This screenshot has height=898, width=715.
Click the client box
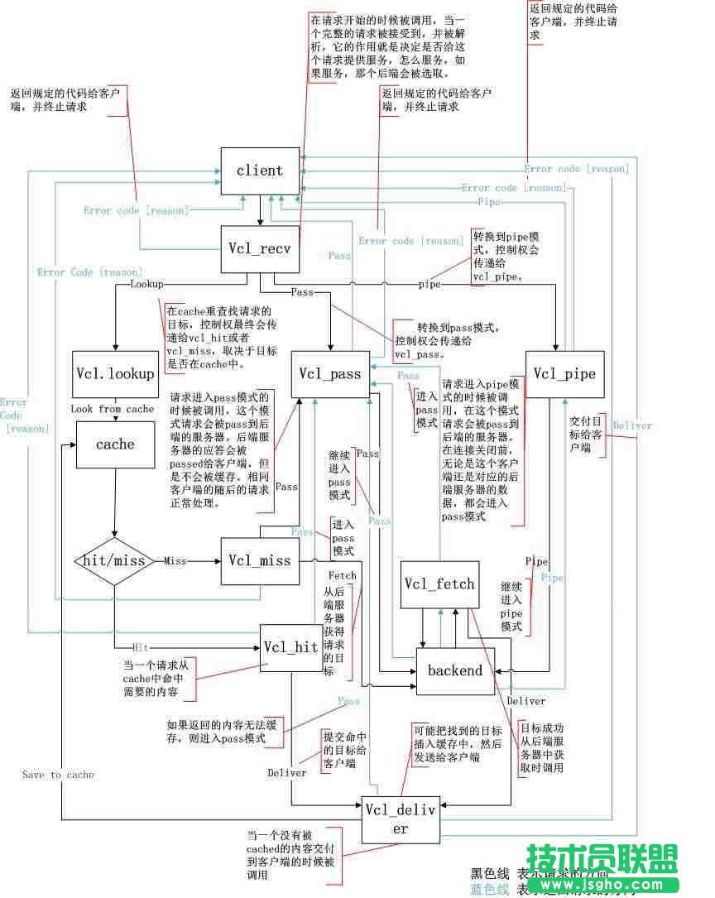point(259,171)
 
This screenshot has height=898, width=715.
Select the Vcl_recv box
point(259,246)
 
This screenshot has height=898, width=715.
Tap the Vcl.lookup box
point(115,374)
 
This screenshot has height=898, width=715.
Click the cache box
point(115,444)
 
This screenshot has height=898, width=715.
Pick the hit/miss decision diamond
point(115,560)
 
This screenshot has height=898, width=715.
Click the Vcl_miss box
point(260,560)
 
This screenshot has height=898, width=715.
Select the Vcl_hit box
point(290,647)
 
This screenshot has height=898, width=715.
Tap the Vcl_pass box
point(330,374)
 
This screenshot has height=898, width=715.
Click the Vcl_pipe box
point(564,374)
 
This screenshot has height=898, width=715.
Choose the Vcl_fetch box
point(439,583)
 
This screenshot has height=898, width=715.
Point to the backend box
point(454,670)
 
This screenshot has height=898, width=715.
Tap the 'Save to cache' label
point(58,775)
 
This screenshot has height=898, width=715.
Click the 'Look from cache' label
point(113,409)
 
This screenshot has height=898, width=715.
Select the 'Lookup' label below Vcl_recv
point(147,283)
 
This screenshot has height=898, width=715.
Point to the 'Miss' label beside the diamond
point(175,560)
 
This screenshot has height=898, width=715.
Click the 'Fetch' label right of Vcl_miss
point(342,574)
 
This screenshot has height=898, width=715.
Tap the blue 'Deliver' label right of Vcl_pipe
point(632,425)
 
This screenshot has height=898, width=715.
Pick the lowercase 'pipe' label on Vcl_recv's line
point(429,284)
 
